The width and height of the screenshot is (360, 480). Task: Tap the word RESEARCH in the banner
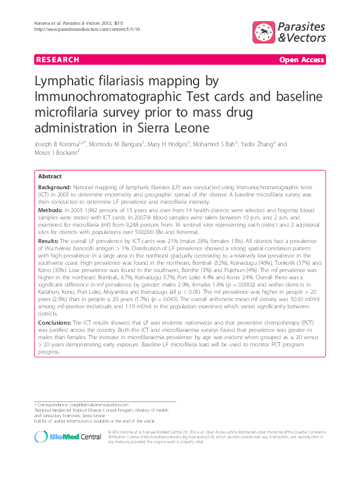pos(57,60)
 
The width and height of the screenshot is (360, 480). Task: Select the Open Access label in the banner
pos(301,60)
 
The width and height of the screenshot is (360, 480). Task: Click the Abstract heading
pos(50,176)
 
